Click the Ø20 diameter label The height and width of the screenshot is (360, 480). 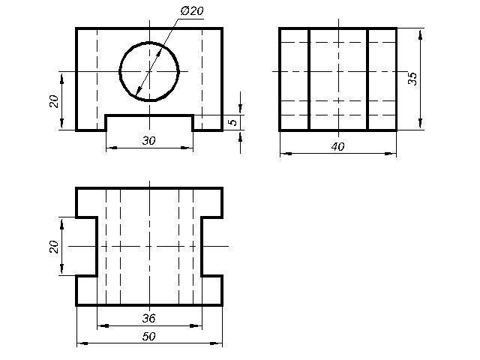click(192, 11)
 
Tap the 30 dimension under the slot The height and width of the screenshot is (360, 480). click(148, 140)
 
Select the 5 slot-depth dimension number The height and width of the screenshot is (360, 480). click(233, 121)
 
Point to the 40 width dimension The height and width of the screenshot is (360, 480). click(337, 147)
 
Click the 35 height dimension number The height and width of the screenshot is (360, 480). click(412, 79)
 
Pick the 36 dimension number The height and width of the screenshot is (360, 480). click(148, 318)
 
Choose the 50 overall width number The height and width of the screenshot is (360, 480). click(148, 337)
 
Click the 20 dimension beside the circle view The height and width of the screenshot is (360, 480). click(54, 101)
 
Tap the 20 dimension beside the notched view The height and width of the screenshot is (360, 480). click(54, 247)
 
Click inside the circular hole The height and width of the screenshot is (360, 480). click(149, 72)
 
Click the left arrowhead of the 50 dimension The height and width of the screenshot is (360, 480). click(82, 343)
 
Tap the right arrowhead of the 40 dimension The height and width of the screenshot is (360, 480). click(391, 154)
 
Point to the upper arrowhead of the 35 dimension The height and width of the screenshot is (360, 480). click(421, 35)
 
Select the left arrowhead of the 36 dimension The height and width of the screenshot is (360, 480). click(103, 325)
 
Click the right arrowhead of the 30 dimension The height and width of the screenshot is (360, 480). click(187, 148)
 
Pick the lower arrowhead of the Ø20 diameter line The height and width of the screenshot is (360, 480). click(139, 90)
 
